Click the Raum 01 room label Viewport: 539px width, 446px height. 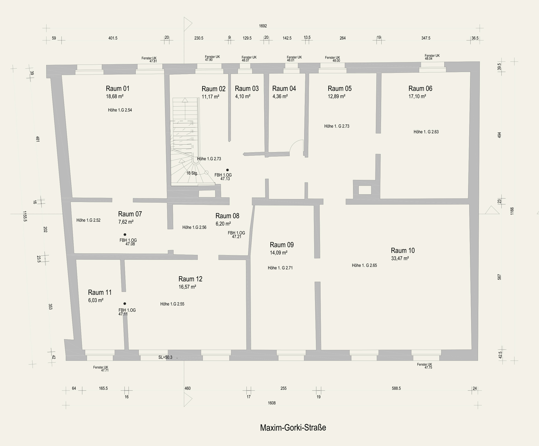pyautogui.click(x=117, y=89)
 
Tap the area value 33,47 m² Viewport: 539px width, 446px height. pyautogui.click(x=400, y=258)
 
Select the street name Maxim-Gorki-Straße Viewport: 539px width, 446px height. pyautogui.click(x=293, y=428)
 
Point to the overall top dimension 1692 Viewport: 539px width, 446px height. pyautogui.click(x=263, y=26)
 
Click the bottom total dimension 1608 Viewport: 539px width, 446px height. pyautogui.click(x=271, y=403)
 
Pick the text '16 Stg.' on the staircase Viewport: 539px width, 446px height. pyautogui.click(x=192, y=173)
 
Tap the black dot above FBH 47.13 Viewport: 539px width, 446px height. pyautogui.click(x=227, y=170)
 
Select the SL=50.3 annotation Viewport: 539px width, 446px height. pyautogui.click(x=165, y=357)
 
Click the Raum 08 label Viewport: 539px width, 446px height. pyautogui.click(x=227, y=216)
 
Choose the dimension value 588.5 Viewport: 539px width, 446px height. pyautogui.click(x=396, y=388)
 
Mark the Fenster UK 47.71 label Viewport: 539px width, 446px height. pyautogui.click(x=101, y=369)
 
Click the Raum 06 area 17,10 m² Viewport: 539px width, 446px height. pyautogui.click(x=417, y=96)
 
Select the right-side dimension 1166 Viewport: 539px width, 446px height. pyautogui.click(x=512, y=211)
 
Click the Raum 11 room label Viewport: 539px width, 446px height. pyautogui.click(x=100, y=292)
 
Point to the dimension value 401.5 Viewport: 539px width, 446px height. pyautogui.click(x=113, y=38)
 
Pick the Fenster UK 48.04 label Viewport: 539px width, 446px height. pyautogui.click(x=432, y=57)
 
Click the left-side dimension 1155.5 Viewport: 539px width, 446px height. pyautogui.click(x=25, y=216)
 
